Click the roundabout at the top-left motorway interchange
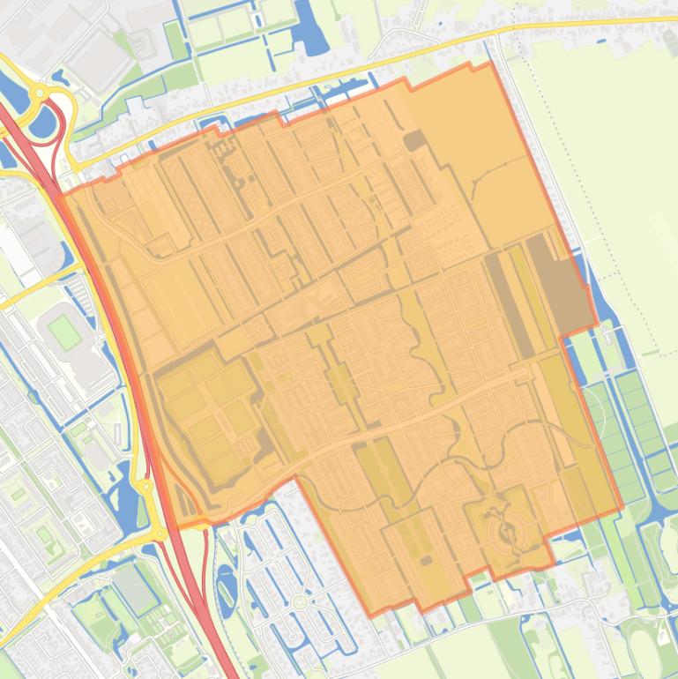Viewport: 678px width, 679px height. [x=40, y=92]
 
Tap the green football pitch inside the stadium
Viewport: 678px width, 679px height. [x=63, y=332]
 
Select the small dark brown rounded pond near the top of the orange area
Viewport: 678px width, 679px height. [x=414, y=141]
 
